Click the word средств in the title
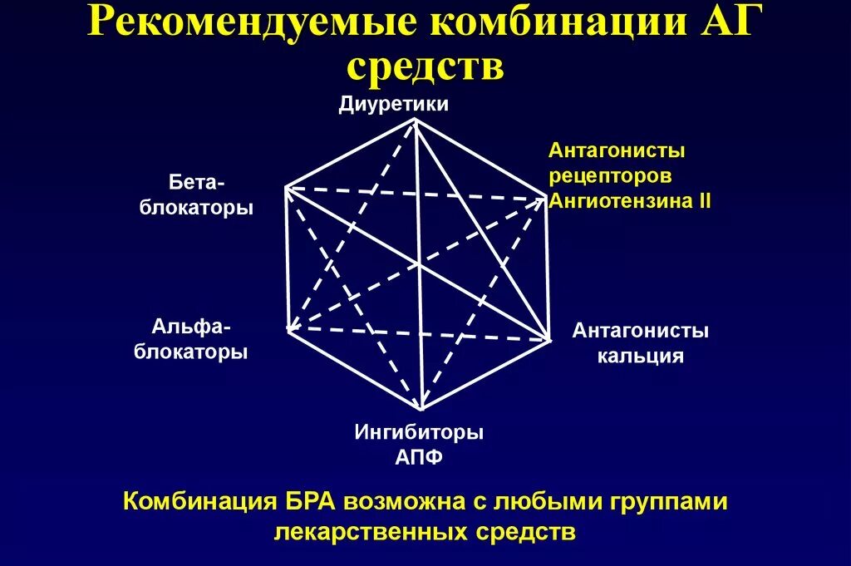(x=425, y=67)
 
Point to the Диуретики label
(x=394, y=104)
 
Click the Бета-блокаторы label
(x=196, y=194)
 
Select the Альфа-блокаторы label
(x=192, y=337)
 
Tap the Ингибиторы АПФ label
(x=419, y=444)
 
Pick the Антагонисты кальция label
(x=640, y=343)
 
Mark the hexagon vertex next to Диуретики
(x=415, y=120)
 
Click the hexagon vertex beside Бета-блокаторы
(x=285, y=188)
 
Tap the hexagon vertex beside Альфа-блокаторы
(x=288, y=330)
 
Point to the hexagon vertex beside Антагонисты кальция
(x=549, y=339)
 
